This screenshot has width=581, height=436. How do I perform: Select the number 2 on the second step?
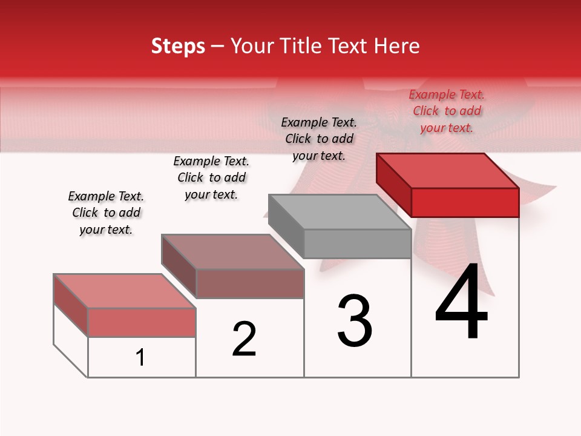click(245, 339)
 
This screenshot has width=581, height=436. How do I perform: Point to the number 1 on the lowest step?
click(140, 358)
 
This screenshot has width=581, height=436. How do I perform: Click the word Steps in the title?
click(178, 46)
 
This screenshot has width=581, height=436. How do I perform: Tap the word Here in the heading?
click(397, 46)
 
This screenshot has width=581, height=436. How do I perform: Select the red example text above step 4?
click(447, 111)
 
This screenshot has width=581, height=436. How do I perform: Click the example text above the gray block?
click(319, 139)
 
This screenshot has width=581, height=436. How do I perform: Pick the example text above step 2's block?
click(211, 177)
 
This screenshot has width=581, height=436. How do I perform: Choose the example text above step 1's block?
click(106, 213)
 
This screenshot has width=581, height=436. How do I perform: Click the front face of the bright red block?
click(465, 202)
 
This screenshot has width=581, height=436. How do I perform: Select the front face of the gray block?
click(357, 244)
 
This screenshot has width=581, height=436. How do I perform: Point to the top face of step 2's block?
click(232, 251)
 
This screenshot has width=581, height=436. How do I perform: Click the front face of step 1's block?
click(142, 322)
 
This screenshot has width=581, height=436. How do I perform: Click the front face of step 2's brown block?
click(249, 283)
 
